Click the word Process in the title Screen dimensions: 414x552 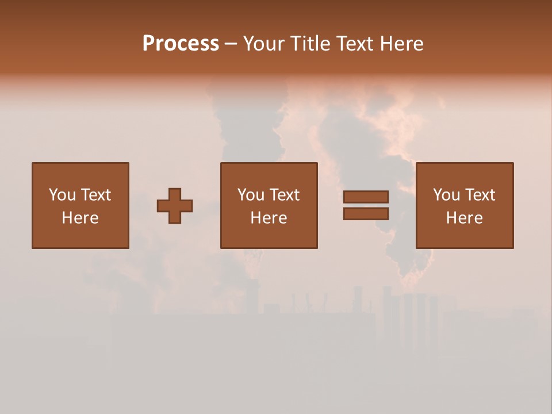181,44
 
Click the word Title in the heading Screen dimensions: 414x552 310,44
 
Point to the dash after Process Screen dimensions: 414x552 231,44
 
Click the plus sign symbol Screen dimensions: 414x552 175,206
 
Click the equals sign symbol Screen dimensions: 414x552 366,205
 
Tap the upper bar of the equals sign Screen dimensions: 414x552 366,197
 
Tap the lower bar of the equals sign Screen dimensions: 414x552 366,213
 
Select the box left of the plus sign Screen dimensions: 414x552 80,205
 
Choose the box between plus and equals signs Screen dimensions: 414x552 269,205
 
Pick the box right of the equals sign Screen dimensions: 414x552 464,205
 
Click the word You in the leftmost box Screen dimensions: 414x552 62,195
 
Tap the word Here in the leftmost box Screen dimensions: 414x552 80,218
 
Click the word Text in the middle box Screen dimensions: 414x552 284,195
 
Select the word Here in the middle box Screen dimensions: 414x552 269,218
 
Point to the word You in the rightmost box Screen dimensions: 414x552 446,195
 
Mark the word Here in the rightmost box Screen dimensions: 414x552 464,218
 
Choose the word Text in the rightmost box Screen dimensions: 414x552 480,195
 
